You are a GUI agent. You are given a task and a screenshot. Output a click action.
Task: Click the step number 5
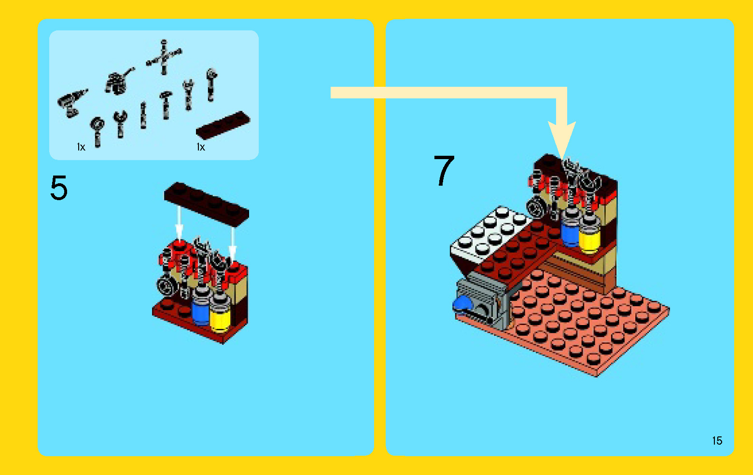point(59,188)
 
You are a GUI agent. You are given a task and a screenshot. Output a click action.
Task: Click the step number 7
point(444,171)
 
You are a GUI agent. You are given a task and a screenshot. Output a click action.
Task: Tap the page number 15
point(717,440)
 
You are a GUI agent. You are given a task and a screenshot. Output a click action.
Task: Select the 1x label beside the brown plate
point(201,147)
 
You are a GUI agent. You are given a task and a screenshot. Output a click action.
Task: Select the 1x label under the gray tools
point(81,147)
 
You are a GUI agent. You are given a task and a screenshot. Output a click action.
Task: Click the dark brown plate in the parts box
point(223,125)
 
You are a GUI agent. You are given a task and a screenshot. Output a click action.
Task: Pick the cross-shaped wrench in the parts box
point(164,57)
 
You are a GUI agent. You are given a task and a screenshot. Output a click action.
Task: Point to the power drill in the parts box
point(72,103)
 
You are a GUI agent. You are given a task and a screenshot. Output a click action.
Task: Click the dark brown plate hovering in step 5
point(206,203)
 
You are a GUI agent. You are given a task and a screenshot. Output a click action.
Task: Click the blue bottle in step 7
point(570,232)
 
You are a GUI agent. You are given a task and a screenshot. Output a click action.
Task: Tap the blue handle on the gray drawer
point(462,303)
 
